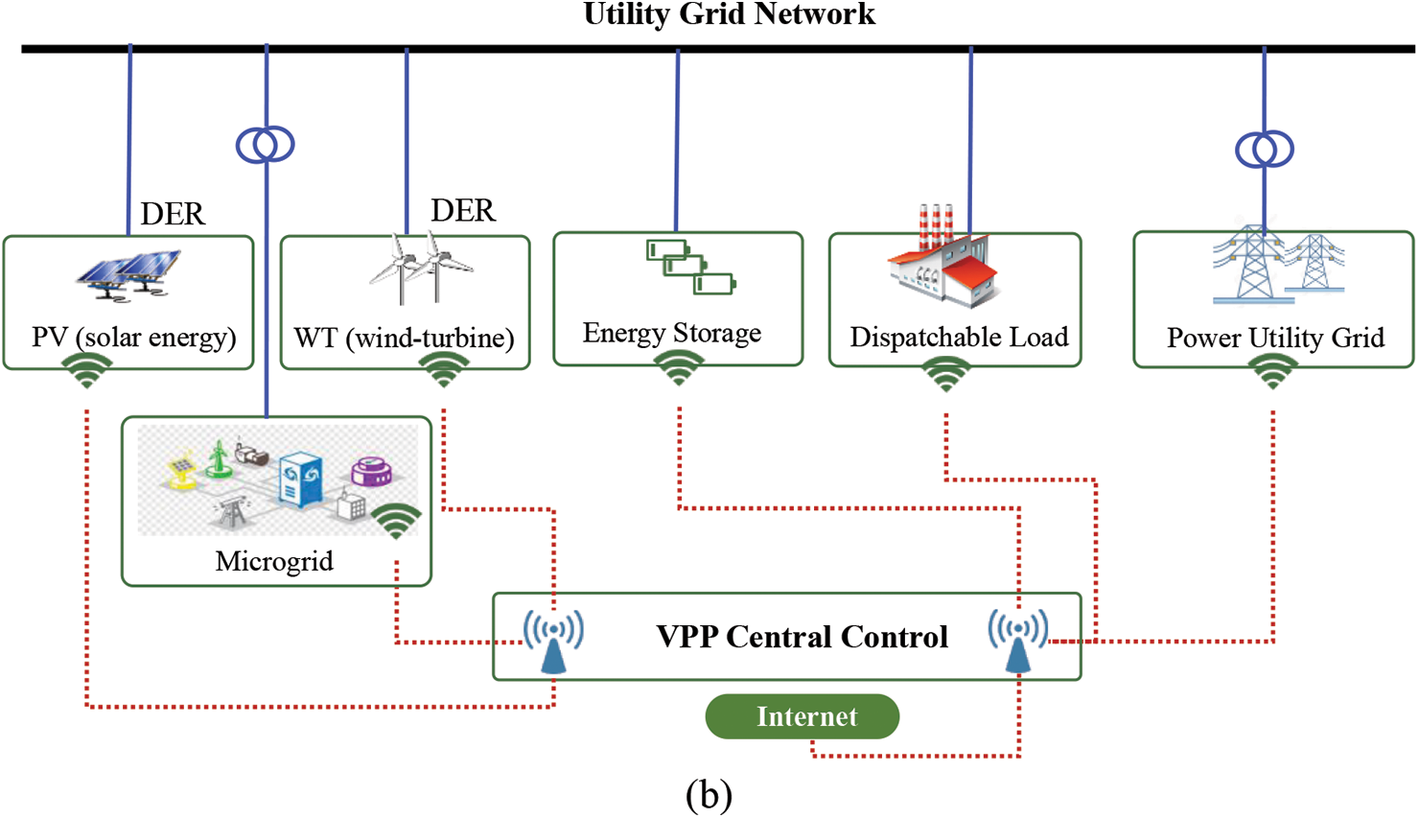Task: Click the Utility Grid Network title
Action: pos(729,14)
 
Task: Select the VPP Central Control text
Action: pos(802,637)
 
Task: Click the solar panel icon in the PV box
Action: pos(128,272)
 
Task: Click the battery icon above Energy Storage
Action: pos(690,267)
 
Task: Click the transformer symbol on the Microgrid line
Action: pos(266,145)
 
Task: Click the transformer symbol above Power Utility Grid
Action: pos(1265,150)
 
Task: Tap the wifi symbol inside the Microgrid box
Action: pos(396,520)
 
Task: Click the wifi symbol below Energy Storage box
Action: pos(678,368)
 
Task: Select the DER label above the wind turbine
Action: pos(463,211)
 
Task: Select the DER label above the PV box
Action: pos(173,214)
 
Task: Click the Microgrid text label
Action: pos(274,561)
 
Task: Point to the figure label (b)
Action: pos(709,794)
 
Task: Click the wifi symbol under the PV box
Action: pos(87,371)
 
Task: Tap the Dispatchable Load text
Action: pos(959,338)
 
